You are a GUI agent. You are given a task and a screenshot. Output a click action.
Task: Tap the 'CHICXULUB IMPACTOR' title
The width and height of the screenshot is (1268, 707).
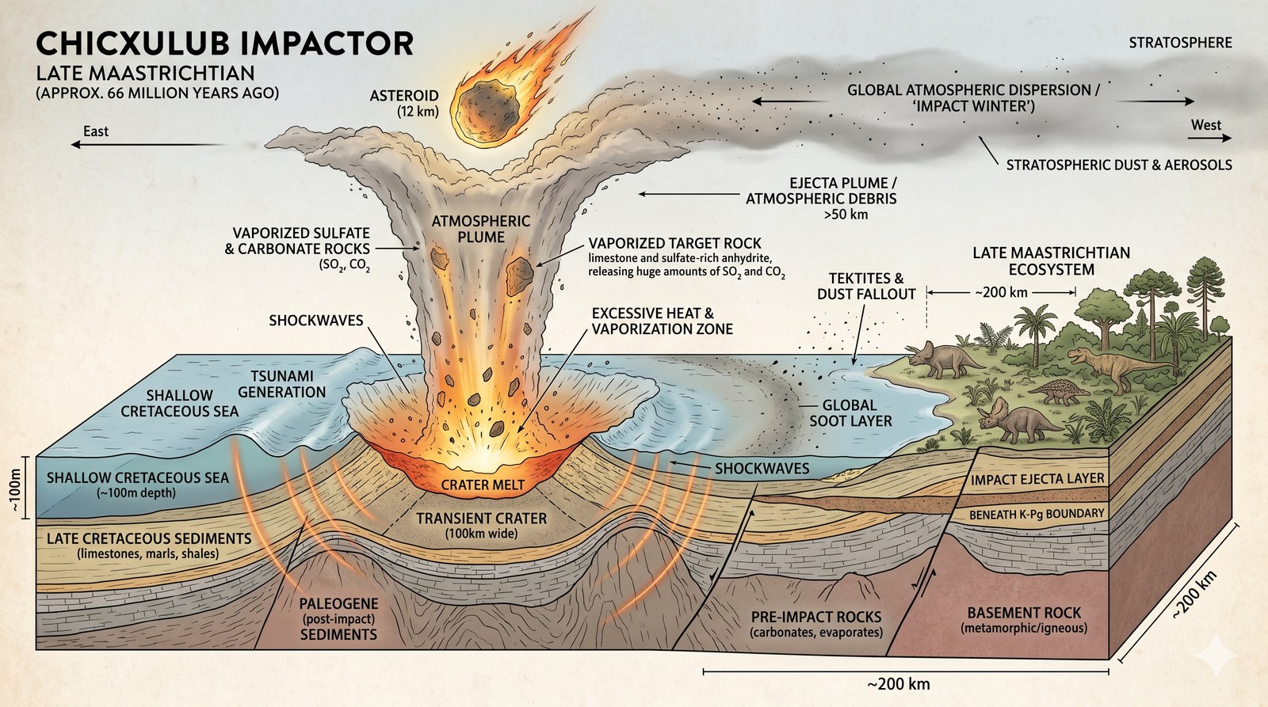tap(224, 44)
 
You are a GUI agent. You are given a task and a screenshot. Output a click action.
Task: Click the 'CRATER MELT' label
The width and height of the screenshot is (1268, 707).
tap(483, 485)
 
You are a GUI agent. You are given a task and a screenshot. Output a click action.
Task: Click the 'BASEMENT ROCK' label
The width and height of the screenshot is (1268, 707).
tap(1024, 613)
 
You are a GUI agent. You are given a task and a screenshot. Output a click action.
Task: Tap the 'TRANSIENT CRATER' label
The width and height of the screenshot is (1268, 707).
tap(482, 519)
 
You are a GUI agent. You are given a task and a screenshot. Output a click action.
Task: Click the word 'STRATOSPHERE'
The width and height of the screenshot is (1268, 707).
tap(1180, 43)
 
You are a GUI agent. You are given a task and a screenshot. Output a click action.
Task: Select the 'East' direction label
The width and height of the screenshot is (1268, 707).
tap(96, 131)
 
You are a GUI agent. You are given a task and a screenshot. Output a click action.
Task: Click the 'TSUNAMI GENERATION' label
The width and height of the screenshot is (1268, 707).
tap(282, 384)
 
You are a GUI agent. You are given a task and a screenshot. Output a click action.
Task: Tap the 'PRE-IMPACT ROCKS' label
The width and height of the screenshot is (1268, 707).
tap(815, 617)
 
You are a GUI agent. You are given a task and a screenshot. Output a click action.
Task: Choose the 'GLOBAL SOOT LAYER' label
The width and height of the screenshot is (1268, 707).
tap(850, 412)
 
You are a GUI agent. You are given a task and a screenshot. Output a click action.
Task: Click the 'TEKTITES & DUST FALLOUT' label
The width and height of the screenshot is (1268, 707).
tap(865, 286)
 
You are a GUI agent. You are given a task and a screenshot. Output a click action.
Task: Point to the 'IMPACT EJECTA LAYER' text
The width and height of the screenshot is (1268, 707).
tap(1037, 479)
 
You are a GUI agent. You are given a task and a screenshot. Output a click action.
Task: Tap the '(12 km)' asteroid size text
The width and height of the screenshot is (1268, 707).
tap(418, 112)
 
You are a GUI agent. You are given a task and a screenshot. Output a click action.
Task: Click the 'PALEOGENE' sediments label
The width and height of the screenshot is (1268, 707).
tap(338, 604)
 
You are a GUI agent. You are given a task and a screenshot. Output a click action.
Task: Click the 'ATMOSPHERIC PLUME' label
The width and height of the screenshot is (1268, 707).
tap(480, 229)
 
